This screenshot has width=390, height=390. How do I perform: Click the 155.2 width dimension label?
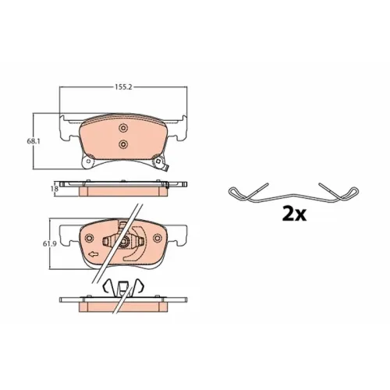123,87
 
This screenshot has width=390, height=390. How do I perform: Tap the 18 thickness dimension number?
55,188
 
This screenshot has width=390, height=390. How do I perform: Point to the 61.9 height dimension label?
49,244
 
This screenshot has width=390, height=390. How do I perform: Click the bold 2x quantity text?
294,214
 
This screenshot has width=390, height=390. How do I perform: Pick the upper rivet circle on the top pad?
122,128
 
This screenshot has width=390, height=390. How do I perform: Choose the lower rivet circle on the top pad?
122,144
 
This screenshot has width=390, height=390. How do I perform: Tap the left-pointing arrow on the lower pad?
93,254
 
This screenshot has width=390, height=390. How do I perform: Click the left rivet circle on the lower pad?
89,238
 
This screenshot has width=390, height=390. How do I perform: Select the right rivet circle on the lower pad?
158,238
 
